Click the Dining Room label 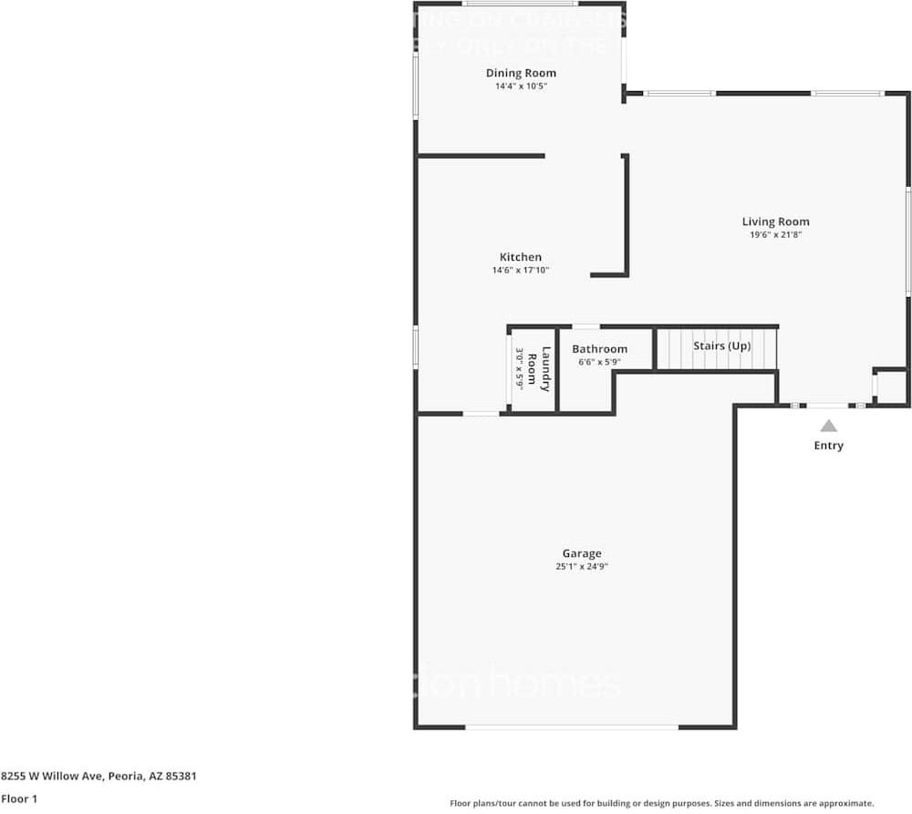click(520, 73)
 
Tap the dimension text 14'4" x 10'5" click(520, 87)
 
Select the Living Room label click(775, 222)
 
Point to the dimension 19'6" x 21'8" click(775, 235)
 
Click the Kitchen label click(520, 257)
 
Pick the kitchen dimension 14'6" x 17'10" click(520, 271)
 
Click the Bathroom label click(599, 349)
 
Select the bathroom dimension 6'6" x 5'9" click(599, 363)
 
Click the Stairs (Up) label click(721, 346)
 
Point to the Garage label click(581, 553)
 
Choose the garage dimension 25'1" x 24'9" click(581, 567)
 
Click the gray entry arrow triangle click(828, 426)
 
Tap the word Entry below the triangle click(828, 446)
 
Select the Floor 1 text click(19, 799)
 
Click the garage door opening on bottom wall click(572, 726)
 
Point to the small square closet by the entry click(891, 386)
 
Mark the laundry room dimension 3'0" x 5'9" click(520, 369)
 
